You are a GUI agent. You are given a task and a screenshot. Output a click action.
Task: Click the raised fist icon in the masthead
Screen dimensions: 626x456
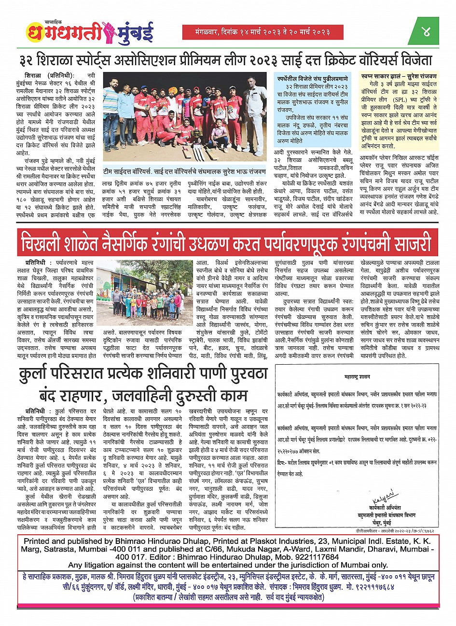coord(109,32)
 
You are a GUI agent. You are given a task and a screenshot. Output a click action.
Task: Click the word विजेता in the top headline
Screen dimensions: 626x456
coord(414,61)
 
